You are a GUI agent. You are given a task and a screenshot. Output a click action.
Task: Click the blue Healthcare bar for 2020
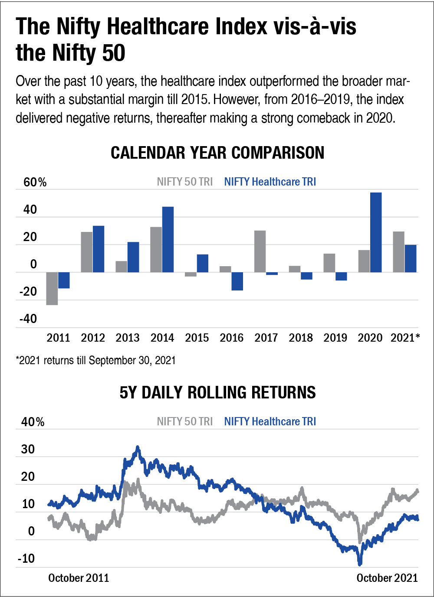click(x=376, y=232)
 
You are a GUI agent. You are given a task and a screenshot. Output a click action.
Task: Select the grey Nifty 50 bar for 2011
click(x=52, y=288)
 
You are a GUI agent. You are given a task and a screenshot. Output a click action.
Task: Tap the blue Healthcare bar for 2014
click(x=168, y=239)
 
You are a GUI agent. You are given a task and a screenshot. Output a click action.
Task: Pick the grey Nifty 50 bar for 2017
click(x=260, y=251)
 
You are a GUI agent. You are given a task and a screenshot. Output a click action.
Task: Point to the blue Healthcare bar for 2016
click(x=237, y=281)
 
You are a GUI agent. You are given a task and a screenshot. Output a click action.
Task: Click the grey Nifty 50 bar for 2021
click(x=398, y=252)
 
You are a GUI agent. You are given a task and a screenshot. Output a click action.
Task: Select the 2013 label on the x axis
click(x=128, y=338)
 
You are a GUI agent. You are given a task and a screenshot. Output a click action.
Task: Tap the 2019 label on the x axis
click(x=335, y=338)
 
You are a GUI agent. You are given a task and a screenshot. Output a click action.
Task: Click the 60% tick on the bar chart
click(x=35, y=182)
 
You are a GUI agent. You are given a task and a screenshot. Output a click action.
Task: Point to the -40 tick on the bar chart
click(x=28, y=319)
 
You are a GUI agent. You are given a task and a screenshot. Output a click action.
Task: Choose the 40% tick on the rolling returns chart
click(x=33, y=422)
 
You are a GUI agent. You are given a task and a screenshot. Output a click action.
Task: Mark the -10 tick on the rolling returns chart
click(x=26, y=558)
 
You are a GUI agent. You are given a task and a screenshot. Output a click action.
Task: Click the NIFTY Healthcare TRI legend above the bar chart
click(x=270, y=182)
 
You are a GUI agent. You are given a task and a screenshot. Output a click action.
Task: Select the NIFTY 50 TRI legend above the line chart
click(x=185, y=421)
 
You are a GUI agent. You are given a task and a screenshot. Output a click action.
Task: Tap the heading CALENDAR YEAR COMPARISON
click(x=217, y=153)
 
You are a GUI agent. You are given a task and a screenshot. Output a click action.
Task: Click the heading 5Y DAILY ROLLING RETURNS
click(x=217, y=393)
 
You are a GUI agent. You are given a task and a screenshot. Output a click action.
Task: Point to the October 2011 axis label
click(x=79, y=578)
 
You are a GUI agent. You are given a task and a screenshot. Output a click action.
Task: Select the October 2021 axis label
click(x=387, y=578)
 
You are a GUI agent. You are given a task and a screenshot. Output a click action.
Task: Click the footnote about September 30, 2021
click(x=96, y=360)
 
